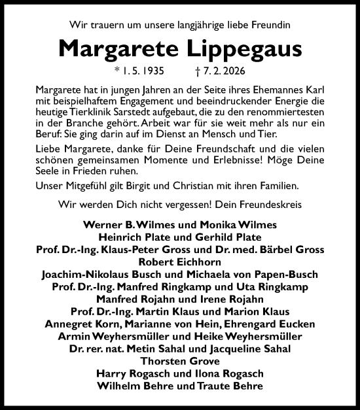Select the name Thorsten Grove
tap(180, 360)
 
